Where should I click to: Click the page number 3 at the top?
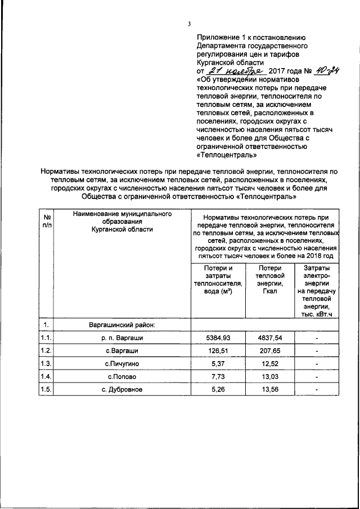[190, 23]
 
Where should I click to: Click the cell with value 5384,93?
[218, 337]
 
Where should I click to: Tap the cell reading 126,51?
[218, 351]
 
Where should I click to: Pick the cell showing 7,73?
[218, 377]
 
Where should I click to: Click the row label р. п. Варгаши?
[122, 337]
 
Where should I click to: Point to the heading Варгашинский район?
[122, 325]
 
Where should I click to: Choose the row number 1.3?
[46, 364]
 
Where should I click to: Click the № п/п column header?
[46, 220]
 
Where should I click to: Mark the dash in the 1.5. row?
[318, 390]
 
